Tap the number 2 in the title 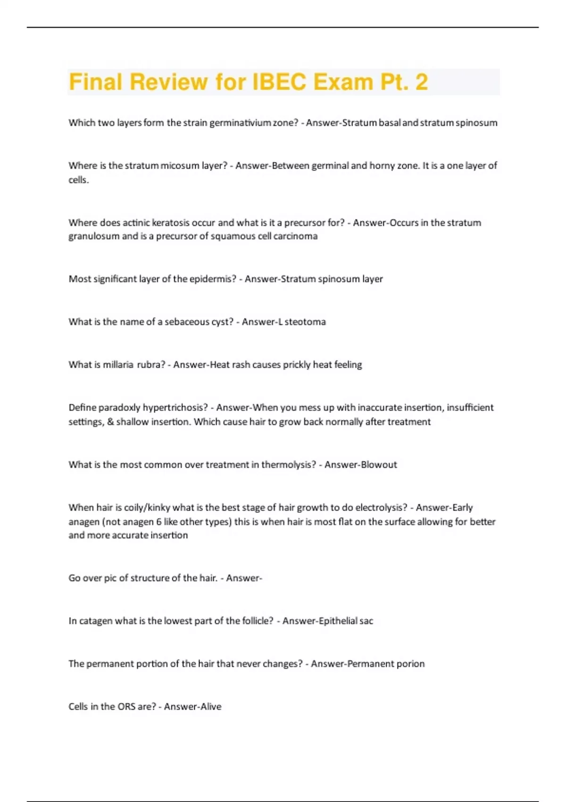click(421, 82)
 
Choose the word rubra click(151, 365)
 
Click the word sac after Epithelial click(366, 621)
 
